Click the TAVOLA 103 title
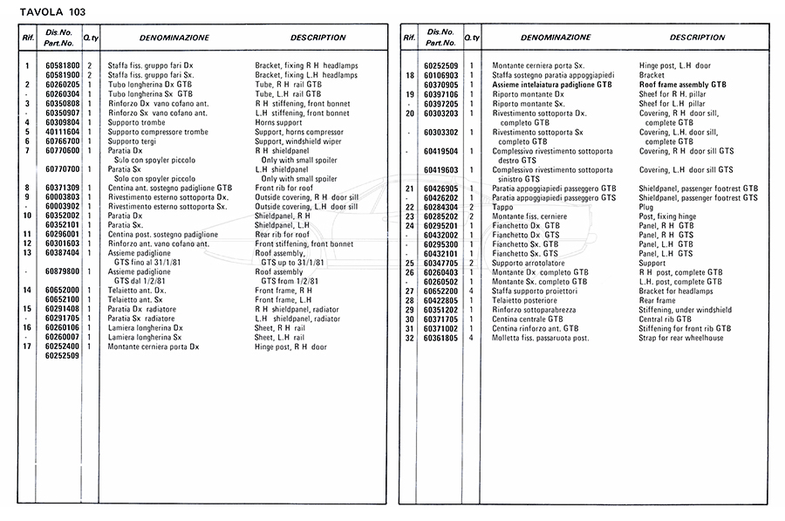coord(52,11)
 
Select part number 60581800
coord(62,65)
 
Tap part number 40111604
coord(62,132)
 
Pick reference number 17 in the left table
coord(28,346)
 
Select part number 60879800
coord(62,271)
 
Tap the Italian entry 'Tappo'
coord(503,206)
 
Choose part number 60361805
coord(441,338)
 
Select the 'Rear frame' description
coord(657,300)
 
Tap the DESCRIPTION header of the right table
coord(697,38)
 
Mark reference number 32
coord(408,338)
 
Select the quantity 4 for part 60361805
coord(472,338)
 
